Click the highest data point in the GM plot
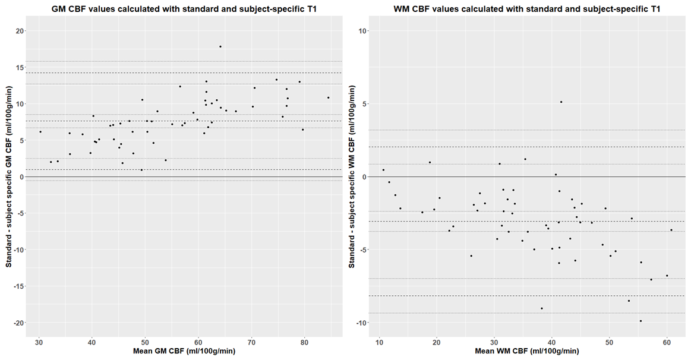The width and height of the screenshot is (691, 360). pos(220,46)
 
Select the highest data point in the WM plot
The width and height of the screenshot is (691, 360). pos(561,102)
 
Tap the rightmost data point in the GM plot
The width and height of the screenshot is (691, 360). pos(328,97)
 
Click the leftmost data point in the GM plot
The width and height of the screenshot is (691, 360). pos(40,132)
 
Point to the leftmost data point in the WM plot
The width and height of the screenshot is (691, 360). pos(383,170)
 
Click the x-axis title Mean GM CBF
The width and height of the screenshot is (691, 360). pos(185,351)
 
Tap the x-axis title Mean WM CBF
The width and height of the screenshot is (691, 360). pos(527,351)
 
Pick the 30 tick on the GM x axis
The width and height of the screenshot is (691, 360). pos(39,342)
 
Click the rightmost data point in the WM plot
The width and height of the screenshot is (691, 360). pos(671,230)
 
